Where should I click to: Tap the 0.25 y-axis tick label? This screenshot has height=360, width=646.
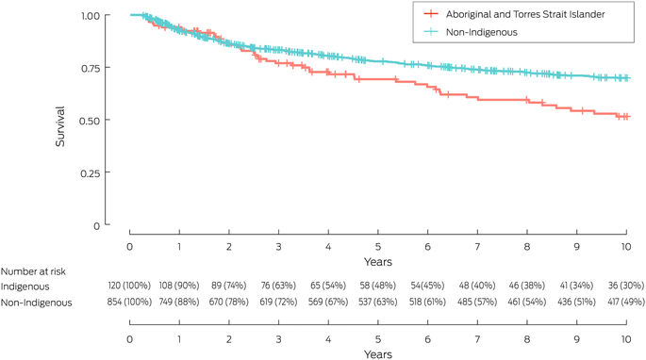tap(91, 173)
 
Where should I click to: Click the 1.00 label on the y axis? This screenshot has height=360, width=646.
tap(91, 16)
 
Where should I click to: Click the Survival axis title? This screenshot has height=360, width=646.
tap(60, 126)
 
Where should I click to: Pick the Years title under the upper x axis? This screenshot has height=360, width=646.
tap(378, 262)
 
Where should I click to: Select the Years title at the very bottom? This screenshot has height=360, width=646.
tap(378, 354)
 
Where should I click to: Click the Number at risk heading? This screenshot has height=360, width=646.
tap(33, 271)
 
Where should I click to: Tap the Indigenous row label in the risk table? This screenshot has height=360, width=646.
tap(25, 286)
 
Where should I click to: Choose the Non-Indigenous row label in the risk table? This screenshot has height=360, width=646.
tap(36, 303)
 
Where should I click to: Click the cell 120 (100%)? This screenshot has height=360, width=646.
tap(129, 286)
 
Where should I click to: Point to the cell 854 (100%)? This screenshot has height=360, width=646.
tap(129, 302)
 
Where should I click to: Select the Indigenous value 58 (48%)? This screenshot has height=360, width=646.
tap(377, 286)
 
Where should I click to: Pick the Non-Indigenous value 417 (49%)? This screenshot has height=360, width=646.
tap(626, 302)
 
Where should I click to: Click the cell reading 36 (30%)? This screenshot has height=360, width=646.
tap(626, 286)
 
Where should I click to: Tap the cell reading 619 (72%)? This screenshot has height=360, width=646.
tap(278, 302)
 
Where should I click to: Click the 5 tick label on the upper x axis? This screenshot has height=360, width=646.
tap(378, 247)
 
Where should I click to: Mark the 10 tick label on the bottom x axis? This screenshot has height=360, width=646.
tap(626, 339)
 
